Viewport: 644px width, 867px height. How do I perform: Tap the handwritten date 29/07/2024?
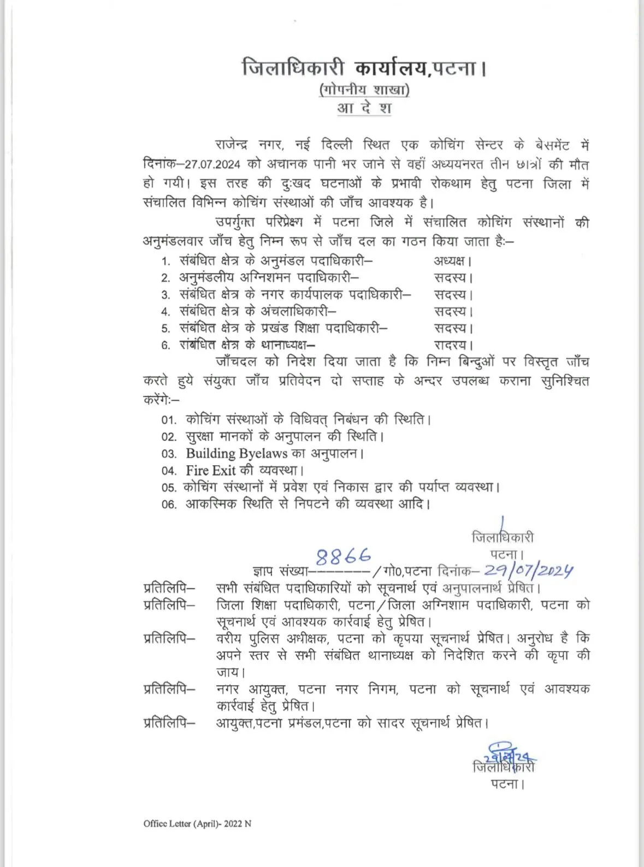[528, 571]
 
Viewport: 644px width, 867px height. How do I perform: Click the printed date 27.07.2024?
[212, 165]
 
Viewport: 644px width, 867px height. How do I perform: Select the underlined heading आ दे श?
[364, 108]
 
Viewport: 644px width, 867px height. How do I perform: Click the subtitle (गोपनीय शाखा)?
[364, 90]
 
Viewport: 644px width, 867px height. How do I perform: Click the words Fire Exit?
[210, 471]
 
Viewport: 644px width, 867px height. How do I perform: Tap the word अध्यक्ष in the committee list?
[451, 260]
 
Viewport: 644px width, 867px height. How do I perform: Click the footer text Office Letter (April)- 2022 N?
[197, 824]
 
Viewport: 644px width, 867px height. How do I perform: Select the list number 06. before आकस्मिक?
[169, 504]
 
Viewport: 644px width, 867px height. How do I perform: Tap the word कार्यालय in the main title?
[390, 69]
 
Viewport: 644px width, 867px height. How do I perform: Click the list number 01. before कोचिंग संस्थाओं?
[169, 420]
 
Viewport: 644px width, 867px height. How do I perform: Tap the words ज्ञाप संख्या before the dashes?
[280, 572]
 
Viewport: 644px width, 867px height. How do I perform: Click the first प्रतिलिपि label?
[169, 588]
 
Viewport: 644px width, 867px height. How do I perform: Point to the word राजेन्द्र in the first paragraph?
[231, 145]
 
